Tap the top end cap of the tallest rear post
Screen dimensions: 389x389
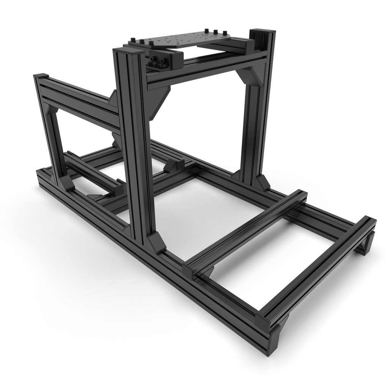coord(262,31)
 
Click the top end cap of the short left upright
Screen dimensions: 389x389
coord(41,76)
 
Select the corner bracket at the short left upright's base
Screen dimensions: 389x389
coord(65,183)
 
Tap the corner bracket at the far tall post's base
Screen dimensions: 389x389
coord(262,182)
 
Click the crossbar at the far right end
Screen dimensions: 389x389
coord(319,266)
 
